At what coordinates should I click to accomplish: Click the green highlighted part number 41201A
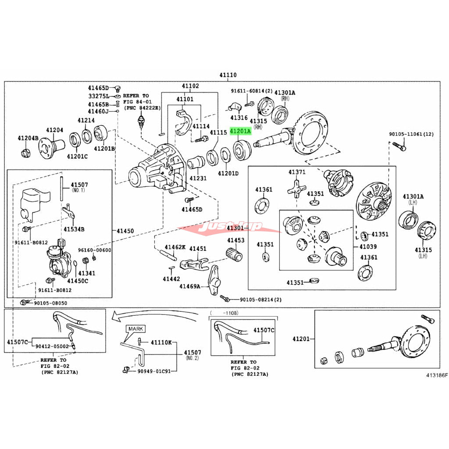[241, 131]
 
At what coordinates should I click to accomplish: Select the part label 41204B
[28, 139]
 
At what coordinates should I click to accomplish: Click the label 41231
[198, 178]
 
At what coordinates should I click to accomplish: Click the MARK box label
[135, 328]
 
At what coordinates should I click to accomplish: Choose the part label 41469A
[189, 286]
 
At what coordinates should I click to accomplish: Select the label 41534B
[74, 229]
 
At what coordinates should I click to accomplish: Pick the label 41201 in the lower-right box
[301, 339]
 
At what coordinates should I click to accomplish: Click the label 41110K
[161, 342]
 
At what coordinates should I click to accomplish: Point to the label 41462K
[175, 248]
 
